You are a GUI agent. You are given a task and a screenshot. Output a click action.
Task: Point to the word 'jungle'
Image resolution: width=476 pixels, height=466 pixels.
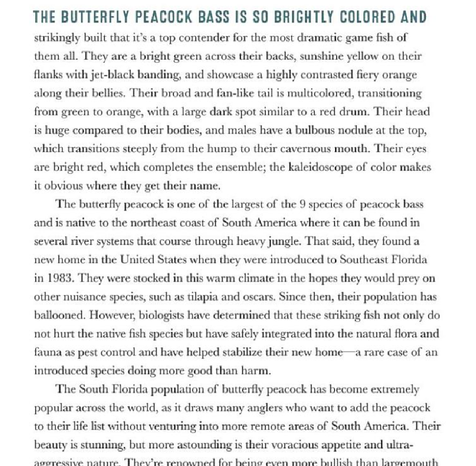pos(285,241)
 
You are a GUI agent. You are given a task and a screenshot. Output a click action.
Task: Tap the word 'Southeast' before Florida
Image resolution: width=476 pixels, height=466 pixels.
pos(363,259)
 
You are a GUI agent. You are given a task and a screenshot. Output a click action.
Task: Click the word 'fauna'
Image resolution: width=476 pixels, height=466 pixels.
pos(46,352)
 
